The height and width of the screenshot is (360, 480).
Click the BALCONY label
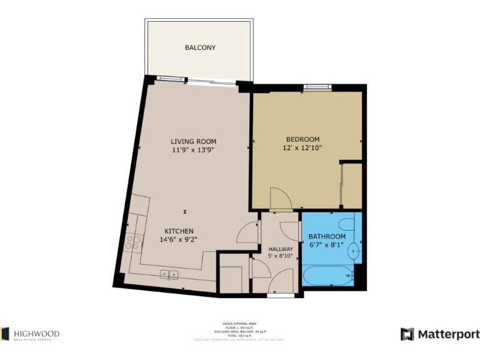(200, 47)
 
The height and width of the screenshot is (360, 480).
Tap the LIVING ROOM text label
(193, 141)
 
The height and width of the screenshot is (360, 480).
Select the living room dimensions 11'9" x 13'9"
(193, 150)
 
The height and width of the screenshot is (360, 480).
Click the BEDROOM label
(302, 139)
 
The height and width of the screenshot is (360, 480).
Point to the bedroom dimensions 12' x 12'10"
(302, 148)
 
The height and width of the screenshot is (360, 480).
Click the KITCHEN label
(179, 231)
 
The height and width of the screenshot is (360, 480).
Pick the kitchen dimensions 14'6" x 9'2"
(179, 239)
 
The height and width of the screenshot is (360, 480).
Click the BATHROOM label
(327, 237)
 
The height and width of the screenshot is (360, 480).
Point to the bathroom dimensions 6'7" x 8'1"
(327, 245)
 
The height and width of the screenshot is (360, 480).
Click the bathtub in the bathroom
(327, 274)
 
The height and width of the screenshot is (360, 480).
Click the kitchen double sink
(169, 274)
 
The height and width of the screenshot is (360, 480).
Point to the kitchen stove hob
(132, 242)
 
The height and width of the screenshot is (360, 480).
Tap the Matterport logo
(440, 334)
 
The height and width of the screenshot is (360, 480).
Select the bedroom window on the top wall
(317, 87)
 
